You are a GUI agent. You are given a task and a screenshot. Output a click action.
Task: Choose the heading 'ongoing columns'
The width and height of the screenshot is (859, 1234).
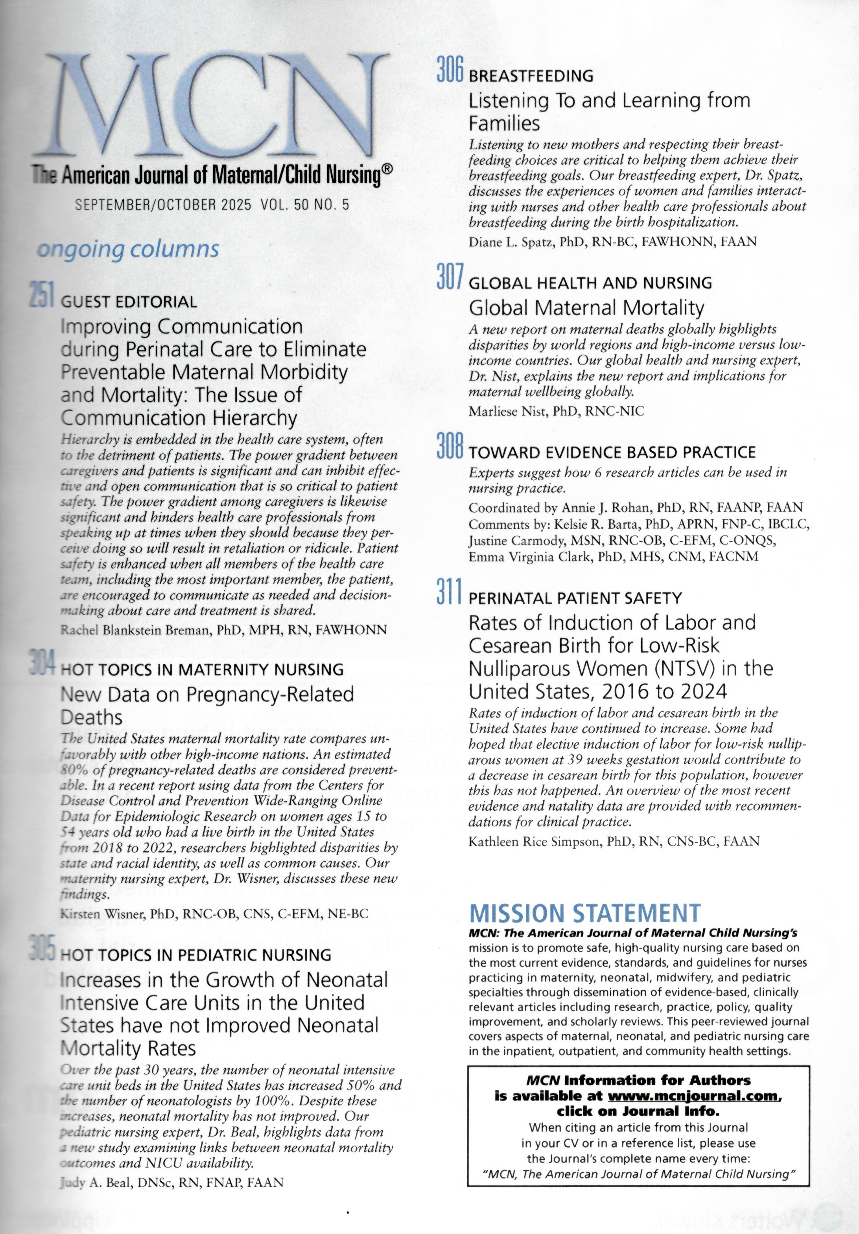pyautogui.click(x=127, y=249)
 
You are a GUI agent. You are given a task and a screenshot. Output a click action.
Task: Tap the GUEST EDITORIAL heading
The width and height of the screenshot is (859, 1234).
pyautogui.click(x=129, y=302)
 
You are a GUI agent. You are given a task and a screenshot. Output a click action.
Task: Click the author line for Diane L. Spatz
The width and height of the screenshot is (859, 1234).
pyautogui.click(x=613, y=242)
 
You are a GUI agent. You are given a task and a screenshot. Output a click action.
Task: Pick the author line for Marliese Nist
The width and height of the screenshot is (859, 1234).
pyautogui.click(x=556, y=411)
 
